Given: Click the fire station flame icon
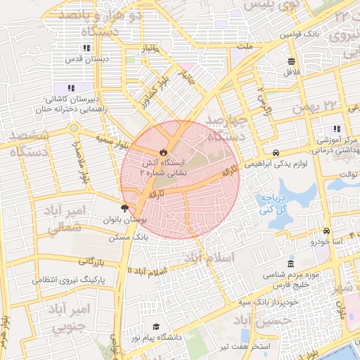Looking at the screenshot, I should point(163,151).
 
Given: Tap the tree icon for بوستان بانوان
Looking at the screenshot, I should point(125,207).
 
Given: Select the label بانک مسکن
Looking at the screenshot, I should point(123,238).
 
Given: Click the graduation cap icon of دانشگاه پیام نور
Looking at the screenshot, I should point(155,327).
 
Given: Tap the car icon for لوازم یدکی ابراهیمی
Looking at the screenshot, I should point(276,152).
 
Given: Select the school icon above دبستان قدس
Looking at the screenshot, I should point(86,49).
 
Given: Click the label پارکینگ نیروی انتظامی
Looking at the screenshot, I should point(68,280).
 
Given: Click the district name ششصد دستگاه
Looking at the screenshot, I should point(25,143).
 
